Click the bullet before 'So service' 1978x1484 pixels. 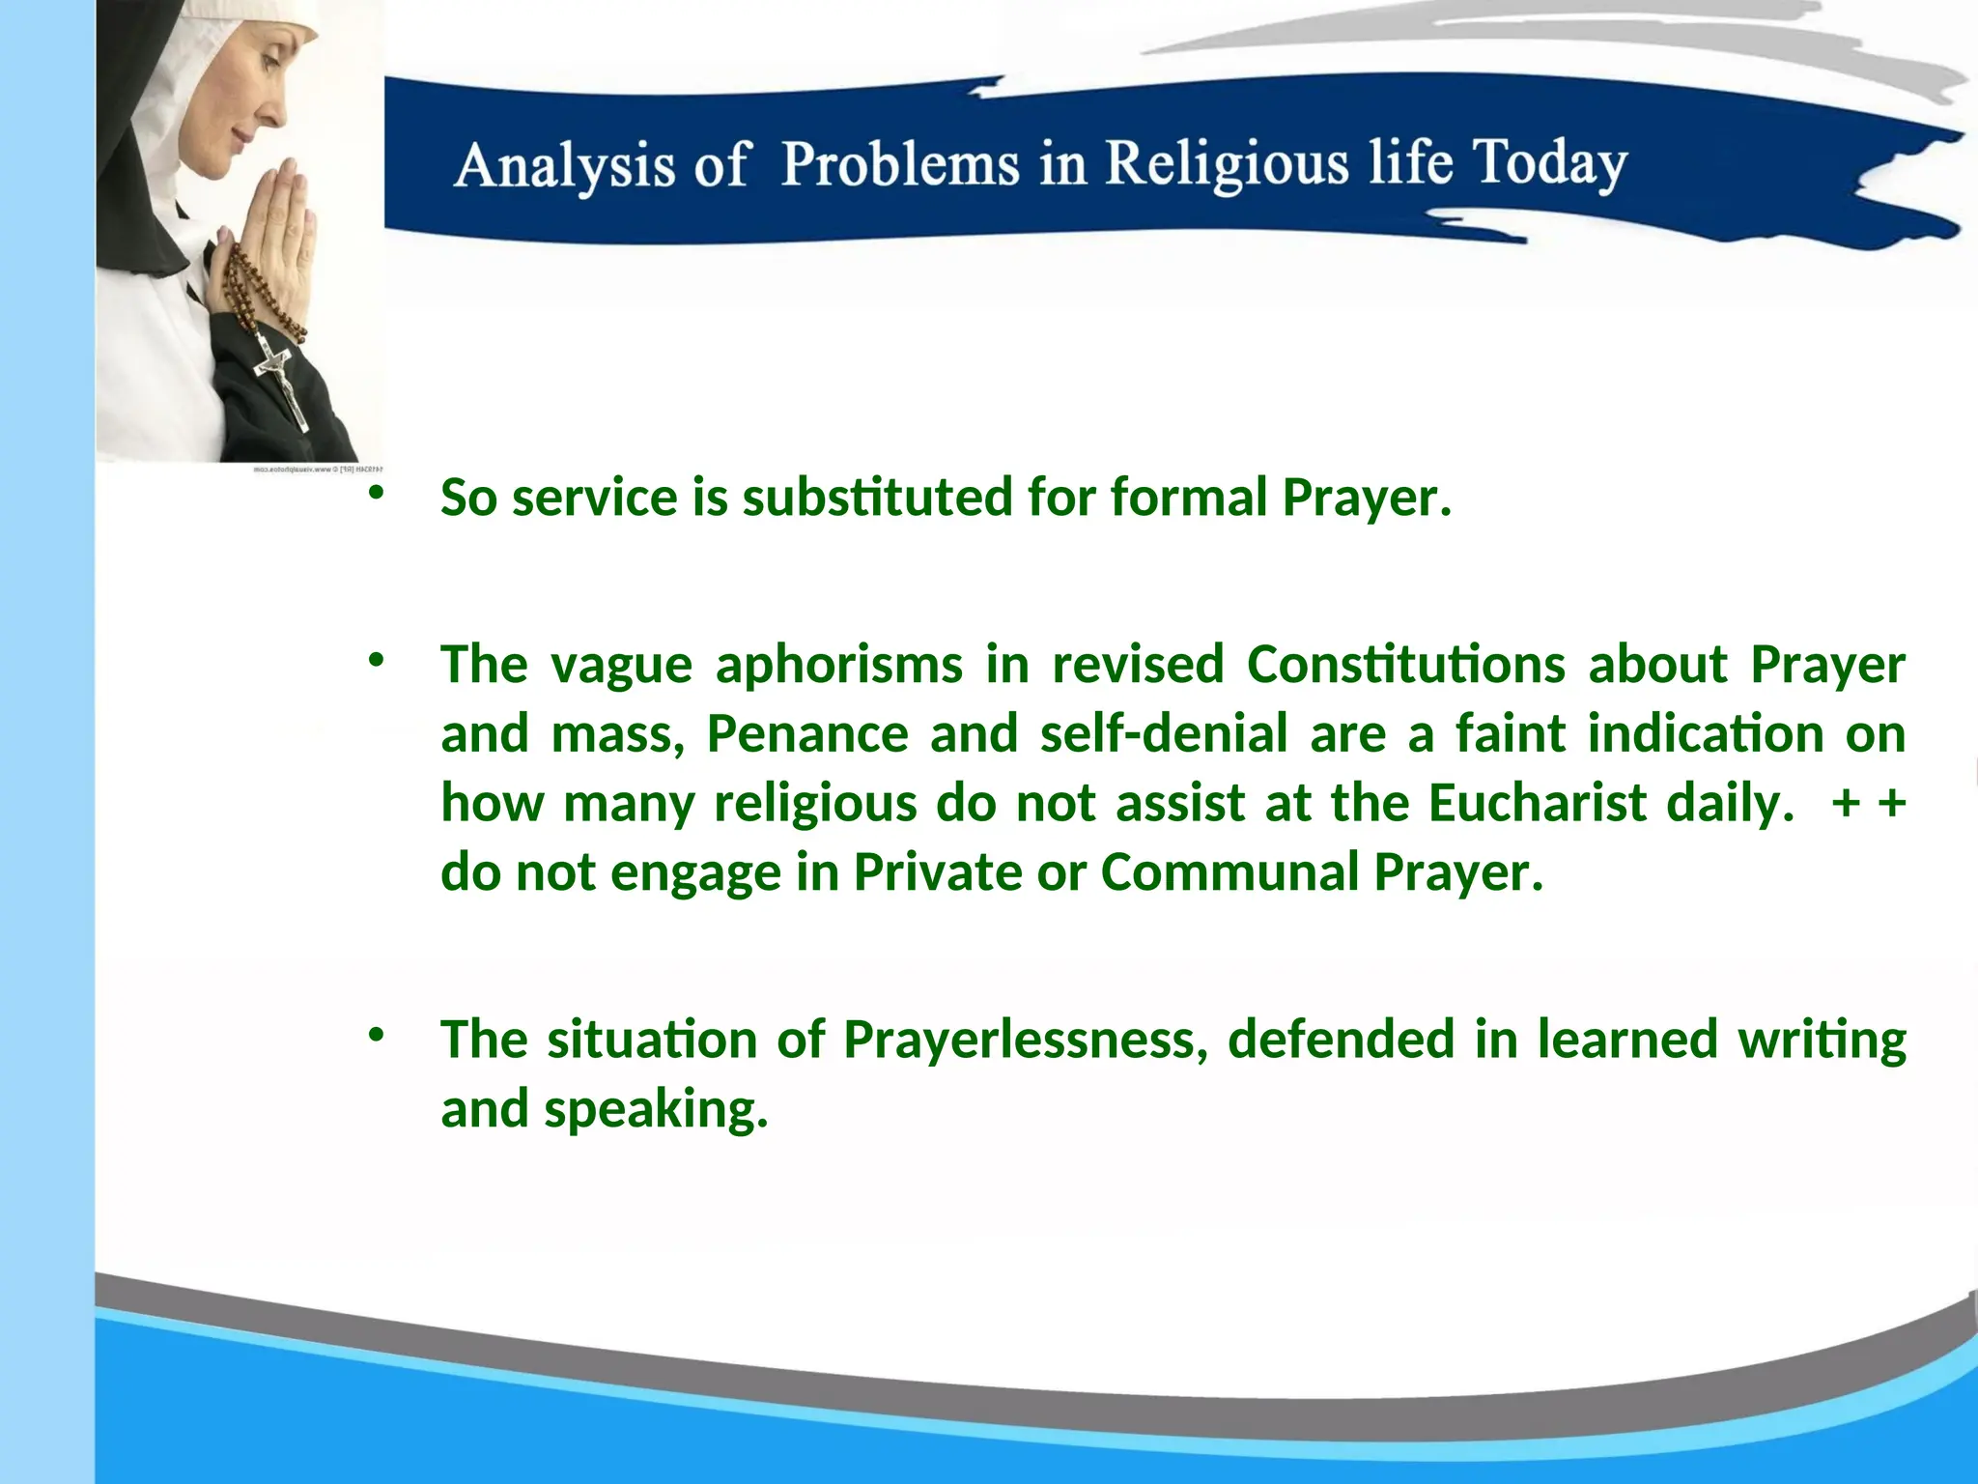376,493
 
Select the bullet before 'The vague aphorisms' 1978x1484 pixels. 376,661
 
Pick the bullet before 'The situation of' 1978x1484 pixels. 376,1036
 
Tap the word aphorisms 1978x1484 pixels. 838,666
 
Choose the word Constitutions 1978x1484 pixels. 1405,666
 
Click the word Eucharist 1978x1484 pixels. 1537,804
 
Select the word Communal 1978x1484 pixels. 1229,873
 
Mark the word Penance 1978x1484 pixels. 807,734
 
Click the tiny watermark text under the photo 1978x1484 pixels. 319,470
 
